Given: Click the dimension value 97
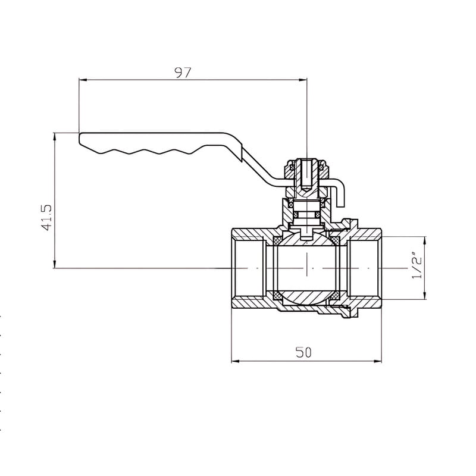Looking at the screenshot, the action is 183,72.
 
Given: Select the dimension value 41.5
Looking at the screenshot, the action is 47,218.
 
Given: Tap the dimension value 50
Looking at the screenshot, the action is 303,352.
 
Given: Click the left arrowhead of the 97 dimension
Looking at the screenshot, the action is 83,80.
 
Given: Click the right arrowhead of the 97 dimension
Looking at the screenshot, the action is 303,80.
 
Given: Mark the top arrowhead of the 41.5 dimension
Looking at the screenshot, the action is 55,137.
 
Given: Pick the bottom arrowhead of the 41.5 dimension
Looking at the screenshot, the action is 55,264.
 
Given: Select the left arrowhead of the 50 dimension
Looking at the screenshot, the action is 236,361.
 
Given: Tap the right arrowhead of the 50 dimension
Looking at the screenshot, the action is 378,361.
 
